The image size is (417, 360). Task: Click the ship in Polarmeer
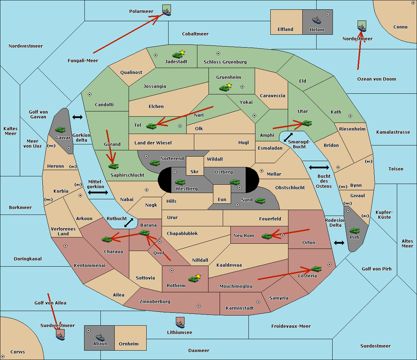(x=167, y=12)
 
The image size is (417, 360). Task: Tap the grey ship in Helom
(x=317, y=20)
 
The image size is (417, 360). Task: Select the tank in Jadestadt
(x=177, y=55)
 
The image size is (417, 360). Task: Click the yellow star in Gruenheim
(x=229, y=85)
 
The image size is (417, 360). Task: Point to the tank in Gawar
(x=60, y=129)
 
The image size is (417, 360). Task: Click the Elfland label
(x=285, y=30)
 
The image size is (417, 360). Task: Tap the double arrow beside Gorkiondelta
(x=77, y=117)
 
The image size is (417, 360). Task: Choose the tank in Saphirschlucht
(x=113, y=166)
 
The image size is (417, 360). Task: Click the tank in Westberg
(x=180, y=182)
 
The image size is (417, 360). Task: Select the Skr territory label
(x=195, y=171)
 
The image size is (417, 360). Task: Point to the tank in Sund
(x=260, y=201)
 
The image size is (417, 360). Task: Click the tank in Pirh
(x=354, y=231)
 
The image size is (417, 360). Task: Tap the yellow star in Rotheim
(x=198, y=276)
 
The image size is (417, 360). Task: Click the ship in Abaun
(x=100, y=337)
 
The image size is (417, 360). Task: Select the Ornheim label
(x=129, y=344)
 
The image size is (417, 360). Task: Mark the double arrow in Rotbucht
(x=129, y=223)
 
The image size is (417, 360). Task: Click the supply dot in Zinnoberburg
(x=199, y=306)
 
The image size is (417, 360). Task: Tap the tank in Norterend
(x=155, y=163)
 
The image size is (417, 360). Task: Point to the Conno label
(x=400, y=27)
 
